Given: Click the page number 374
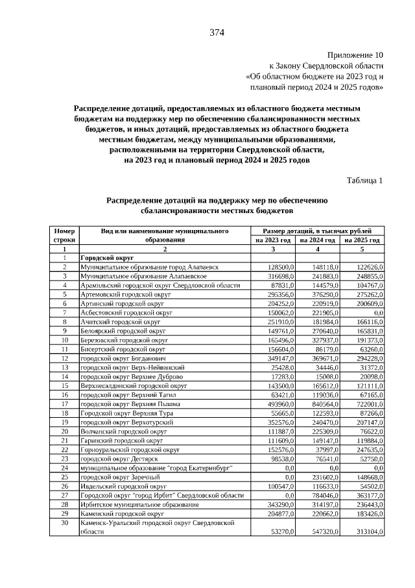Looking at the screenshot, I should click(x=217, y=33).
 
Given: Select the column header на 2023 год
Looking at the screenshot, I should click(x=273, y=240).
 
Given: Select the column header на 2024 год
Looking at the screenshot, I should click(x=318, y=240).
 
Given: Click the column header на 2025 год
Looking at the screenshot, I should click(x=362, y=240).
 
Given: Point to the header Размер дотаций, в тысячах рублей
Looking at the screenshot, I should click(x=318, y=231).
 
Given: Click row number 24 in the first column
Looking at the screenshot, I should click(x=64, y=467).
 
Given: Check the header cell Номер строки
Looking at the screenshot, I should click(x=64, y=235).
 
